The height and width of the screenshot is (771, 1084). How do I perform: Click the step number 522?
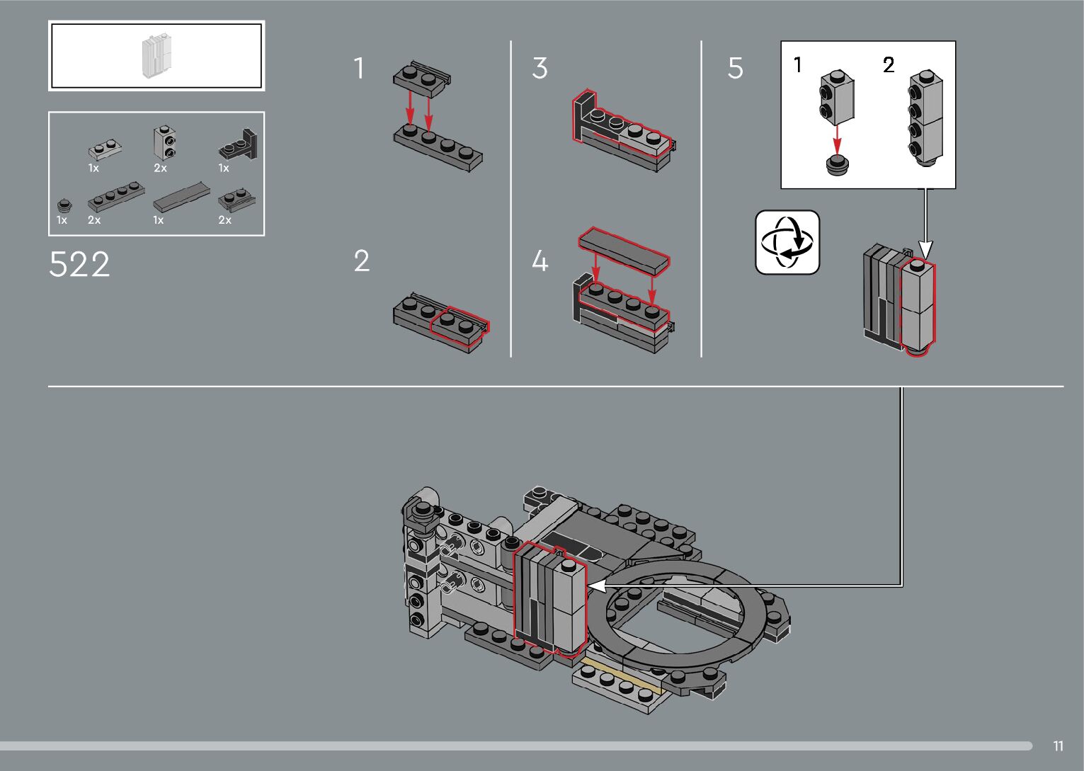[x=79, y=264]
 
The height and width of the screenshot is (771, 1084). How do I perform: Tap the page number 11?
[x=1058, y=746]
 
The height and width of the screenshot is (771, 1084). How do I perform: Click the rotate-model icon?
[x=787, y=242]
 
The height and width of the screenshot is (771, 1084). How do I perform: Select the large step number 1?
[x=359, y=69]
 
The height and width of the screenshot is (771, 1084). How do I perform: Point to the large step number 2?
[x=361, y=261]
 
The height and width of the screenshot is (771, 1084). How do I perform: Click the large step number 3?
[x=540, y=69]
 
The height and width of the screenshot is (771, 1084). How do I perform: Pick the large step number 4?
[x=540, y=261]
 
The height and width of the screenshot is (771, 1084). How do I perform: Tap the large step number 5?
[x=735, y=69]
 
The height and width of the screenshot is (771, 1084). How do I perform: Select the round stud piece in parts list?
[x=64, y=205]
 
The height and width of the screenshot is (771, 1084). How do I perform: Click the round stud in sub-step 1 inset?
[x=837, y=165]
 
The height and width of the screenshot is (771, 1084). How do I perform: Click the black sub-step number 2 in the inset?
[x=889, y=65]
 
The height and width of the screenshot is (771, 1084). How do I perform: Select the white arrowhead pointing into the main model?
[x=595, y=586]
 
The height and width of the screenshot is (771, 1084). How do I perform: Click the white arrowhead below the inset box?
[x=925, y=249]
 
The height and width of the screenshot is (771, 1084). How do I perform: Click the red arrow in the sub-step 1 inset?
[x=837, y=137]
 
